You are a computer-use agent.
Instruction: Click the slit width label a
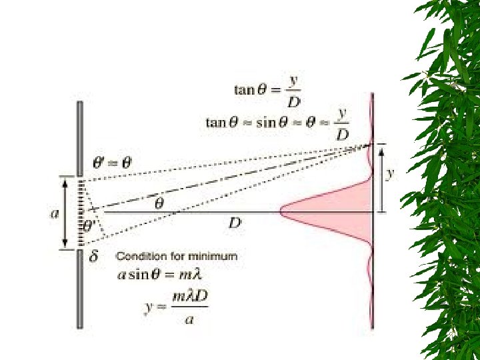coord(55,213)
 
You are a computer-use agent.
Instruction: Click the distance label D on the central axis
coord(235,223)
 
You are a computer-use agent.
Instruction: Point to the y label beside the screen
coord(391,173)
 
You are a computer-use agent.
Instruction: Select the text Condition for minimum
coord(177,255)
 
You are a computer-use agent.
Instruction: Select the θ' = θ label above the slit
coord(111,162)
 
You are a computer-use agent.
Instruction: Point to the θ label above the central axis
coord(159,203)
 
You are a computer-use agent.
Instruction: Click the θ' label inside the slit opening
coord(89,227)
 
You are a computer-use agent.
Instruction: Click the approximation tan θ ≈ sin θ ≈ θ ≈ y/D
coord(277,123)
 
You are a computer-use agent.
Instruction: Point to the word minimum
coord(217,255)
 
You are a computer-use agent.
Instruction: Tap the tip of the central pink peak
coord(282,212)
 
